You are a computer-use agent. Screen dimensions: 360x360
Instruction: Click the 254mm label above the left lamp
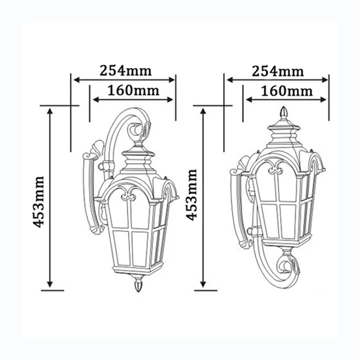click(x=126, y=71)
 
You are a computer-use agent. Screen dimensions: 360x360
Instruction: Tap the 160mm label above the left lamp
click(x=133, y=90)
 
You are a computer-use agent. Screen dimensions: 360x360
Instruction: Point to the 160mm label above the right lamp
click(x=287, y=91)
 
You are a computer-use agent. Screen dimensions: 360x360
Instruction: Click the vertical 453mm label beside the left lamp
click(x=38, y=202)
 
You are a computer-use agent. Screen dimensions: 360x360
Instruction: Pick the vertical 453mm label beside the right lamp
click(x=192, y=195)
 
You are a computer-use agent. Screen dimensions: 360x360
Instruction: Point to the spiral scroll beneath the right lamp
click(x=288, y=266)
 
